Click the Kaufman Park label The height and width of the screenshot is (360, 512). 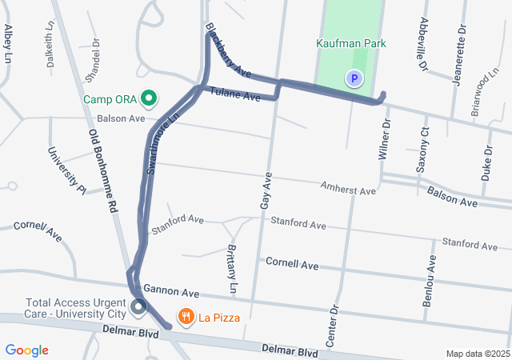click(x=352, y=44)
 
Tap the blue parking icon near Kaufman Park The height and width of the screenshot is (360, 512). click(x=354, y=78)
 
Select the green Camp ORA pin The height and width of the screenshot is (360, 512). click(x=148, y=99)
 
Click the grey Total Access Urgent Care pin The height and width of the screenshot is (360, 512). click(x=138, y=306)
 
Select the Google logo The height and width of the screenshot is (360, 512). click(x=26, y=350)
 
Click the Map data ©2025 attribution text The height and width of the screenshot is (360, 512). click(x=477, y=354)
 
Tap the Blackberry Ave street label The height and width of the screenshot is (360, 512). click(x=228, y=52)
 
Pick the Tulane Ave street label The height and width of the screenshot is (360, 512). click(x=236, y=94)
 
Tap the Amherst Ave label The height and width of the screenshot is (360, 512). click(x=348, y=190)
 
